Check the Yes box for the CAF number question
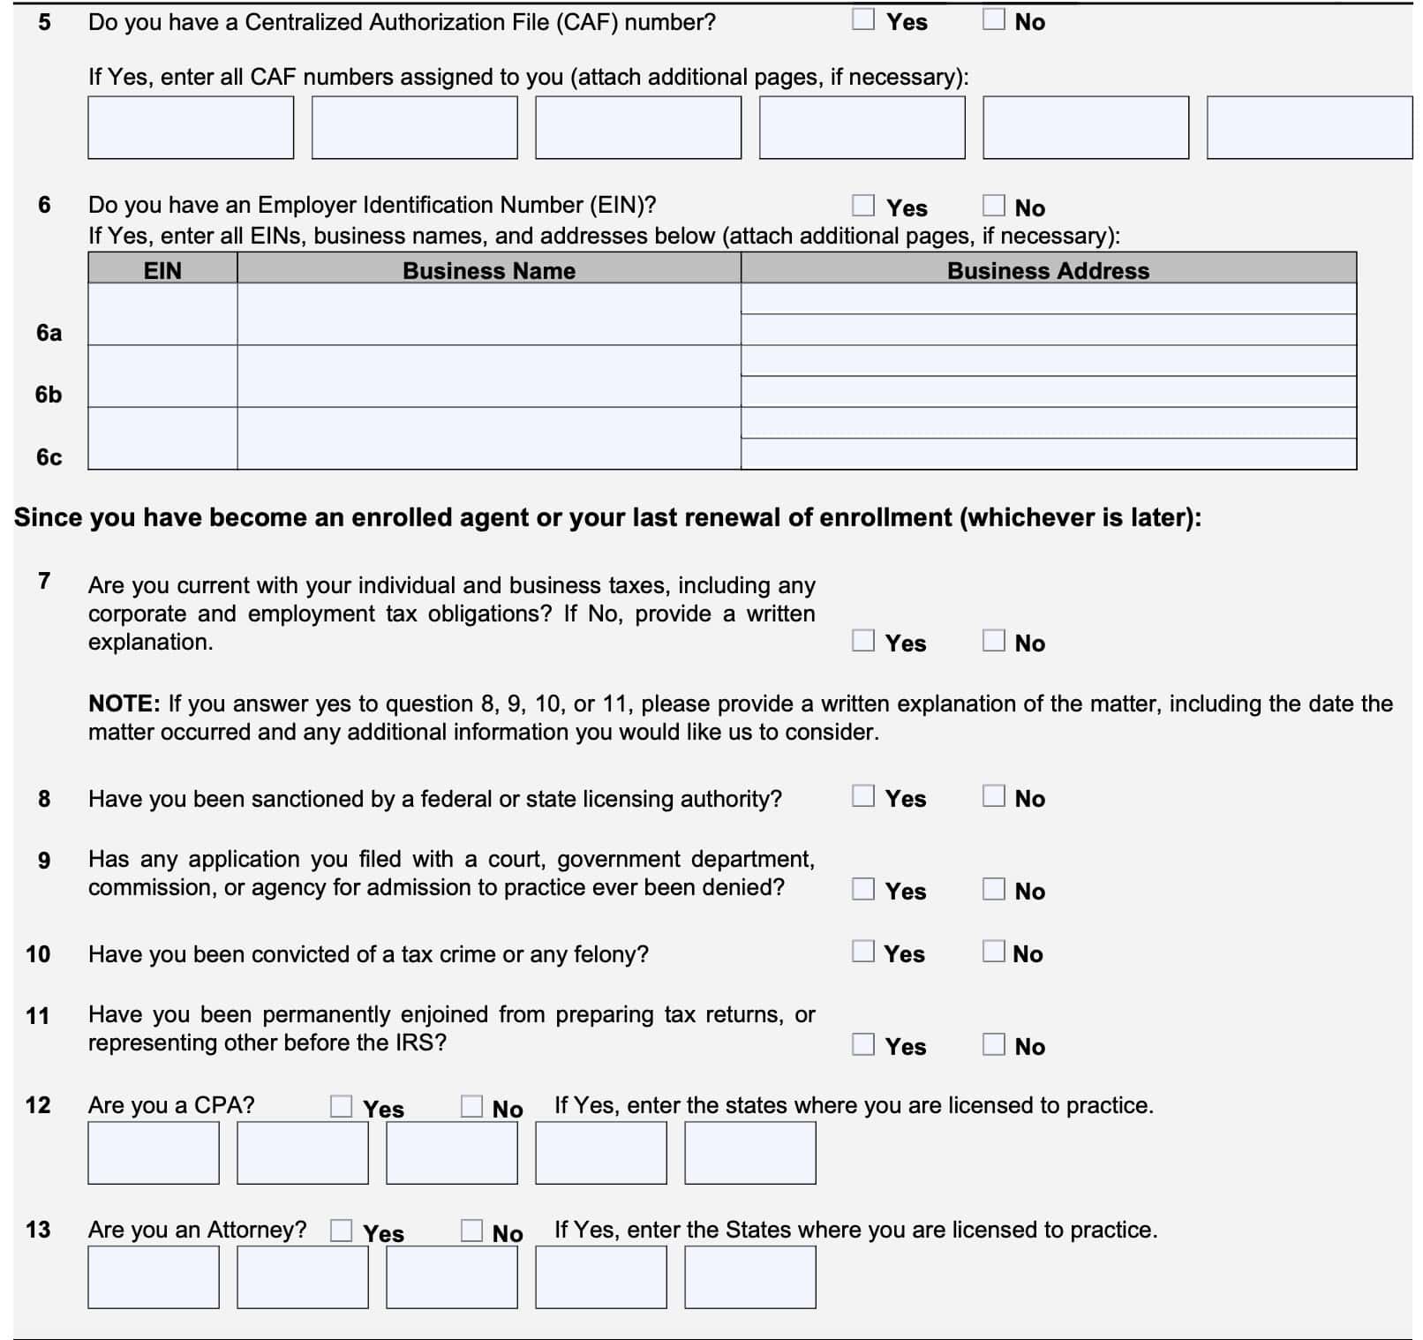(x=862, y=19)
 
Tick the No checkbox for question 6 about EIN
(x=993, y=206)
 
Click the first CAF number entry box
(x=191, y=128)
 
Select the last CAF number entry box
(x=1308, y=128)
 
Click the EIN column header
(x=162, y=269)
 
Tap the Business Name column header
(x=488, y=269)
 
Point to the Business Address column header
(x=1048, y=269)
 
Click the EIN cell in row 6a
(x=162, y=314)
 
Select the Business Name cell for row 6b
(x=488, y=376)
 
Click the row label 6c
(x=49, y=457)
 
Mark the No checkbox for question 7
(x=993, y=641)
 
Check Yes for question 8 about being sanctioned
(x=862, y=796)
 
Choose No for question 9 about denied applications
(x=993, y=889)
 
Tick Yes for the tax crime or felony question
(x=862, y=952)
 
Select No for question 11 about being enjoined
(x=993, y=1044)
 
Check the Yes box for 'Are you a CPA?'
(x=341, y=1106)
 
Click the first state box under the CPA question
(x=154, y=1153)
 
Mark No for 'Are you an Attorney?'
(x=471, y=1231)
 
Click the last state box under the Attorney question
(x=749, y=1277)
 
